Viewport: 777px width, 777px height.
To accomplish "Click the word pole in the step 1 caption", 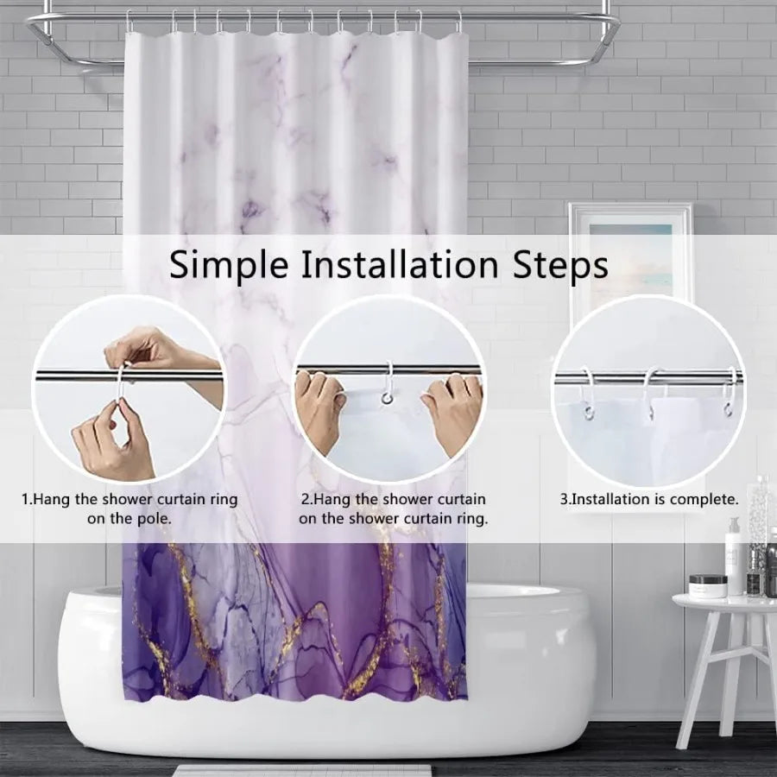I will pos(153,519).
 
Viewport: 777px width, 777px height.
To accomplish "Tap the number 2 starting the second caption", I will pos(306,499).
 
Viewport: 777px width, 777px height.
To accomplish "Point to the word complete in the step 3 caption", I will pos(705,499).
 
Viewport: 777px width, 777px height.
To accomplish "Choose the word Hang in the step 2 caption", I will pos(332,499).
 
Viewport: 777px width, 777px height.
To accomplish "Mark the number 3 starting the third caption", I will pos(565,499).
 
